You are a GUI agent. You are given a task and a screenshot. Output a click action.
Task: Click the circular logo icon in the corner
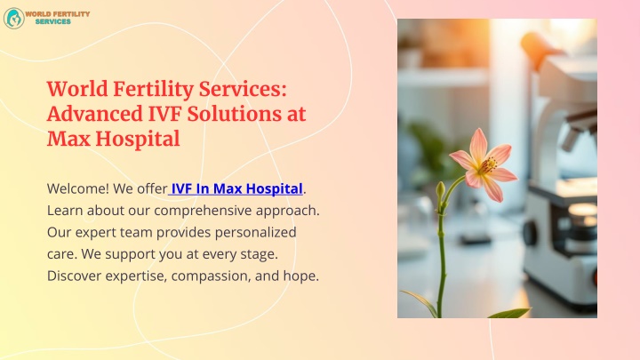[x=14, y=19]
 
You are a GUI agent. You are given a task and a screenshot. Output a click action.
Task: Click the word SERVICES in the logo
[x=53, y=21]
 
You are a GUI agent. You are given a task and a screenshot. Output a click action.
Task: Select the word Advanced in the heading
[x=95, y=114]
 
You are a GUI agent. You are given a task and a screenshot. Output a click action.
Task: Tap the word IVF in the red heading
[x=164, y=114]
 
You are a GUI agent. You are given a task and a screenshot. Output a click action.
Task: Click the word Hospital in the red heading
[x=138, y=140]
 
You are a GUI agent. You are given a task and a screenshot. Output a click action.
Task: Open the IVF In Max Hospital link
[x=236, y=188]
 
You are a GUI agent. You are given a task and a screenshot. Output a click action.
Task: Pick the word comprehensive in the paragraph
[x=203, y=211]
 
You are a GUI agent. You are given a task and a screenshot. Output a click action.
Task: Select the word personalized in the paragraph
[x=255, y=233]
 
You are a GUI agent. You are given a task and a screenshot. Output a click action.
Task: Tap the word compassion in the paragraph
[x=211, y=276]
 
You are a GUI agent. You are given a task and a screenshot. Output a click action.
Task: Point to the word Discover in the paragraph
[x=75, y=276]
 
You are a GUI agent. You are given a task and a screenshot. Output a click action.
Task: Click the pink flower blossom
[x=484, y=165]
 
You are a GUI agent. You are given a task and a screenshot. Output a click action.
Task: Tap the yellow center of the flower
[x=488, y=165]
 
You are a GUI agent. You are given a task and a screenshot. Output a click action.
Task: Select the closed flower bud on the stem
[x=440, y=191]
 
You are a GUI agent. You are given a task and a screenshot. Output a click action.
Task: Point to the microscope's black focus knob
[x=530, y=234]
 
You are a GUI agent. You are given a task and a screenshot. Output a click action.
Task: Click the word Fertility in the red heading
[x=153, y=90]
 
